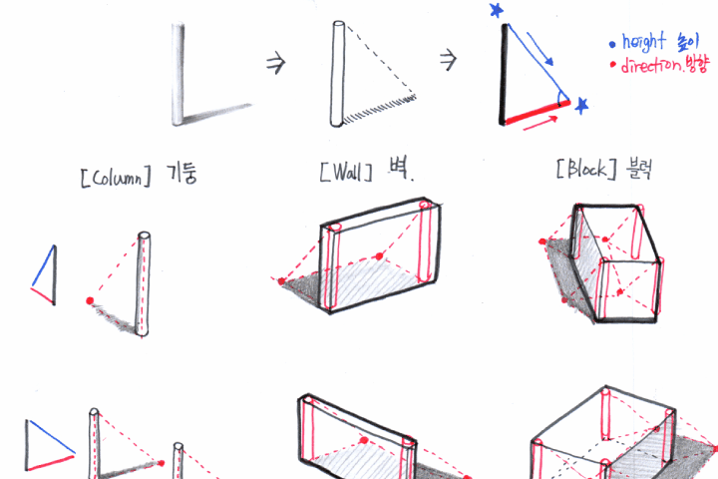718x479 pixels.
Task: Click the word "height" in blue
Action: point(643,42)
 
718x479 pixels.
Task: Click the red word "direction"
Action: point(651,66)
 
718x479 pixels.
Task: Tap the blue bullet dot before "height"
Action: point(612,45)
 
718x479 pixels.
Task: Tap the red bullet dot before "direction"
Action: point(613,65)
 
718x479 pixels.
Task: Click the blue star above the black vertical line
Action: point(496,10)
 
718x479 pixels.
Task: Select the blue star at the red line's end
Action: point(581,106)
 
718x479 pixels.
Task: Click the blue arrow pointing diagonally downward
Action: point(539,49)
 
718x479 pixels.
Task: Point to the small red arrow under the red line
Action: point(540,124)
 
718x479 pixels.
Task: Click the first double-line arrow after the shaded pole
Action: point(275,62)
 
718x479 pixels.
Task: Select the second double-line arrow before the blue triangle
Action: point(449,60)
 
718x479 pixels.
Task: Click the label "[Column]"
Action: point(116,177)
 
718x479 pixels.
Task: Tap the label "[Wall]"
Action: point(346,173)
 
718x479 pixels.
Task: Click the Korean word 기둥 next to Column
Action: point(181,174)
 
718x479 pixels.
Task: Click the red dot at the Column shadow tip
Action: point(90,300)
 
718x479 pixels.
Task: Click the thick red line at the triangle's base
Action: point(537,113)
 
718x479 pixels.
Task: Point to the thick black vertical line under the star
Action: point(504,74)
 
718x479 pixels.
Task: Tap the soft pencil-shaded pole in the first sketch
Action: point(178,73)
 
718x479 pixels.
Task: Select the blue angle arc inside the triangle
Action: point(559,98)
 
